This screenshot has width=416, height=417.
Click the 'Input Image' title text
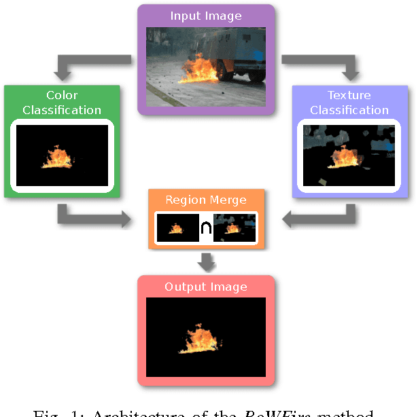pos(205,16)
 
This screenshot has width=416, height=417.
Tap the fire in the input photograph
pos(199,70)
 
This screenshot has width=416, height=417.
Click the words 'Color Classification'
pos(62,103)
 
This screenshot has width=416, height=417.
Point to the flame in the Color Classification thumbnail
pos(57,158)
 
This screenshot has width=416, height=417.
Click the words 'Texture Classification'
pos(349,103)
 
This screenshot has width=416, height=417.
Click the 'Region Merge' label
pos(205,200)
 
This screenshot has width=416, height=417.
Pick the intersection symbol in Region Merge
pos(206,229)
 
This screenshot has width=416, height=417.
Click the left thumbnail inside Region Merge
pos(177,228)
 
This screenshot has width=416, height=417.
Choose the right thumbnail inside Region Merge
pos(235,228)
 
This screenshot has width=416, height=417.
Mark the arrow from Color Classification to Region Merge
pos(95,215)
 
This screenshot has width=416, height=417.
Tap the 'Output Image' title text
pos(206,287)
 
